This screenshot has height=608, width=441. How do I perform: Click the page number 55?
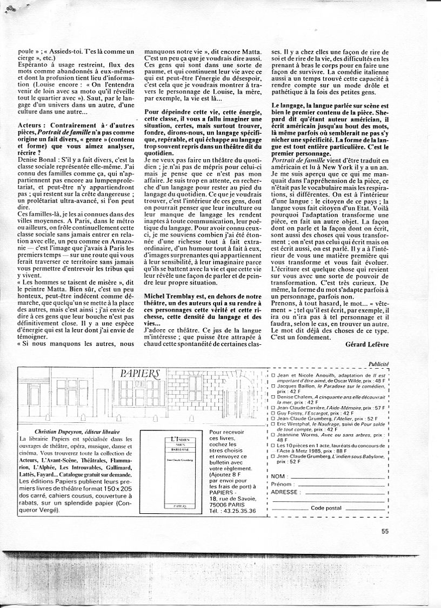pyautogui.click(x=385, y=532)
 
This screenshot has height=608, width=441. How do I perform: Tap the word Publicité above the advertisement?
pyautogui.click(x=378, y=364)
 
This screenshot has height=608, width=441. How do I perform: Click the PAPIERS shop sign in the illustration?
pyautogui.click(x=140, y=373)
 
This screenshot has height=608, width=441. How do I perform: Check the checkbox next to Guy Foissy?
pyautogui.click(x=273, y=413)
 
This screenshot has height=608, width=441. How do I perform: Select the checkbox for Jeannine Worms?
pyautogui.click(x=273, y=435)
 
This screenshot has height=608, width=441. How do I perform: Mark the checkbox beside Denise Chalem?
pyautogui.click(x=273, y=398)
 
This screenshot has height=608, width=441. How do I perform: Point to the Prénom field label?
pyautogui.click(x=282, y=484)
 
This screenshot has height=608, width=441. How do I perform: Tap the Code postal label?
pyautogui.click(x=326, y=508)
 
